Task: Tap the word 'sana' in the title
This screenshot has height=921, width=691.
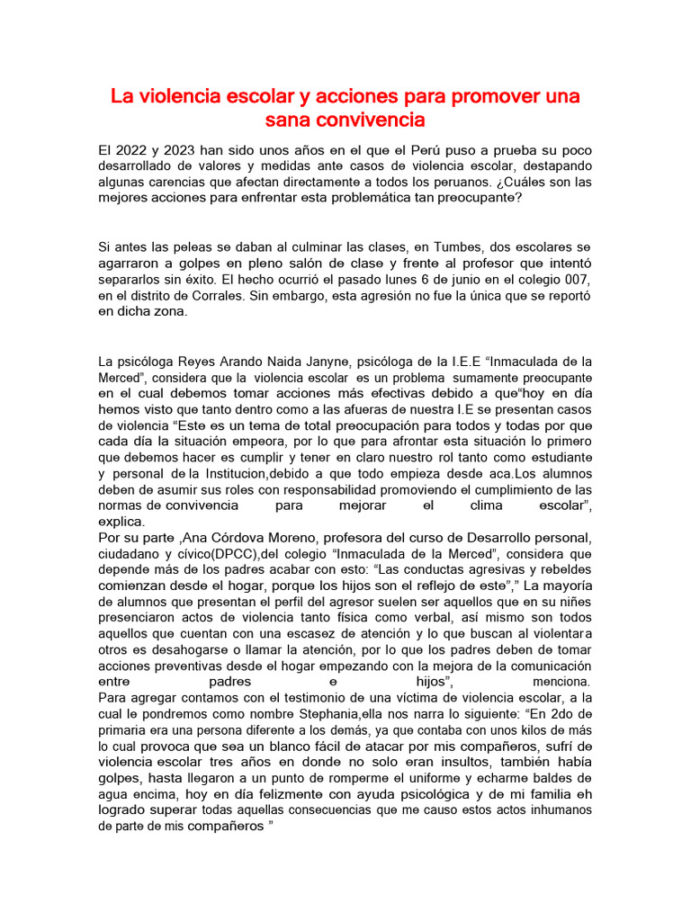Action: click(289, 119)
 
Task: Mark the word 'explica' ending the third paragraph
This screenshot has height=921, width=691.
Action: click(120, 522)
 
